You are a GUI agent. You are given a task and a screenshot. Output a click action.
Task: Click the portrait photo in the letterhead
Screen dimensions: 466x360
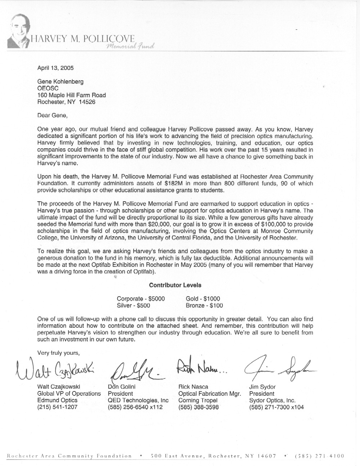click(18, 32)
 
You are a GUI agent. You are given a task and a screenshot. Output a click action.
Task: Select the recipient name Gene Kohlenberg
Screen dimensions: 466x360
click(60, 82)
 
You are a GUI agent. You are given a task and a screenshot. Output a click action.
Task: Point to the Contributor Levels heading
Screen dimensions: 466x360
click(175, 285)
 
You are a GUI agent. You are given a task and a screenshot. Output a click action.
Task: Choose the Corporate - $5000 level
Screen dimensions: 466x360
click(141, 299)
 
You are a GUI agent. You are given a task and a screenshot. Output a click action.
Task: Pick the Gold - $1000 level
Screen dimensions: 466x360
click(203, 299)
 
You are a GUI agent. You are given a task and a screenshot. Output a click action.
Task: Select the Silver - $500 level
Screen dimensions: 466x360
click(133, 305)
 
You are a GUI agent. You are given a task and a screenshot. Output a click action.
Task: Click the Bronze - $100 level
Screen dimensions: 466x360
click(204, 305)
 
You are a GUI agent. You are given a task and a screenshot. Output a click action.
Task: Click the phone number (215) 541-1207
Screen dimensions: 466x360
click(57, 407)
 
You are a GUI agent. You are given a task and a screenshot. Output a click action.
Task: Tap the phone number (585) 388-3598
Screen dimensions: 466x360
click(198, 407)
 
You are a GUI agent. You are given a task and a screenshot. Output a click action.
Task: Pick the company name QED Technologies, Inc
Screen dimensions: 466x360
click(138, 400)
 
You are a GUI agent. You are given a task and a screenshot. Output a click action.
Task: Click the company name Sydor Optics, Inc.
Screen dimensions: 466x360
click(272, 400)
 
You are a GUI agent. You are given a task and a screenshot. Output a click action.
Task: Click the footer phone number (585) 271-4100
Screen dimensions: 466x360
click(319, 456)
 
